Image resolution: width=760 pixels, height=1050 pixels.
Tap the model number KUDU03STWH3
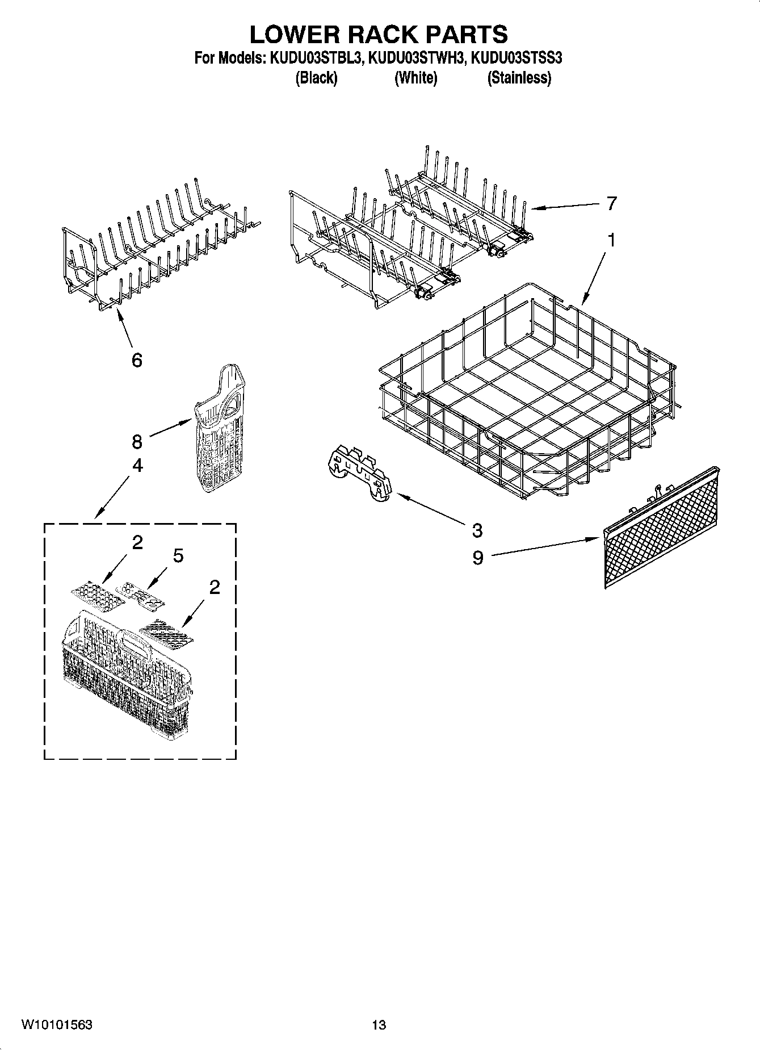417,58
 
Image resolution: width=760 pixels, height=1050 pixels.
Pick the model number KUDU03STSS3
517,58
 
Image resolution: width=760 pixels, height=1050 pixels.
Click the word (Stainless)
519,78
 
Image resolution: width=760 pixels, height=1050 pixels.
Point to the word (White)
415,78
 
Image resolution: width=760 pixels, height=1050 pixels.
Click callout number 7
611,203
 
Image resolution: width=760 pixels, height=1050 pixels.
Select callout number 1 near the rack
611,240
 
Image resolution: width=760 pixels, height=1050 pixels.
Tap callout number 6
136,359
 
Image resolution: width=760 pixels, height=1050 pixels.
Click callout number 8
136,441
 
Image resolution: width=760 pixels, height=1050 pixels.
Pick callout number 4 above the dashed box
137,466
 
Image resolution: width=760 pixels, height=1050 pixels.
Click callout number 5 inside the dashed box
178,555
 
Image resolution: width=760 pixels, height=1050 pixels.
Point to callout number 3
477,530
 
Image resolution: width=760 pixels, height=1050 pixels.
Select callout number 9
477,558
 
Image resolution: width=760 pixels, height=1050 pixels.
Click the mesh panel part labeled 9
661,528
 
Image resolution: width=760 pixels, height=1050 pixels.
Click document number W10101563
57,1024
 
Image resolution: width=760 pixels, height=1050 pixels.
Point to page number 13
379,1025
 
